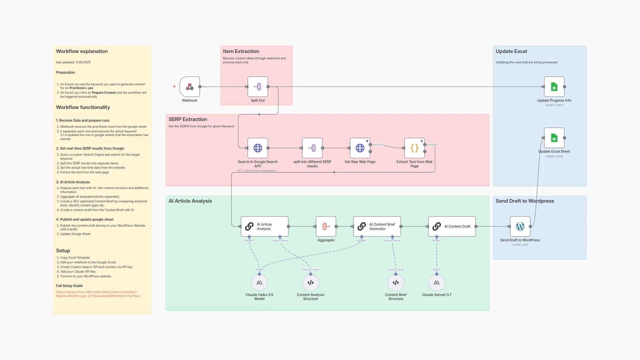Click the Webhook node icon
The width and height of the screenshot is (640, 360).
tap(189, 87)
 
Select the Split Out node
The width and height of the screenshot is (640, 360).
tap(258, 87)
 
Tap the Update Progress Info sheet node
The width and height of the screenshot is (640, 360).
tap(554, 87)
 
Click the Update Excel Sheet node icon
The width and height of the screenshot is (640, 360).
tap(554, 138)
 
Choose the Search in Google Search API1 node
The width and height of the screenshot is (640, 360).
tap(258, 148)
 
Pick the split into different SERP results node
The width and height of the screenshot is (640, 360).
tap(312, 148)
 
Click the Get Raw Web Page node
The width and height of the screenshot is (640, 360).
tap(360, 148)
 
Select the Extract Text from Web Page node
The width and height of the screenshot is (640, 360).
tap(414, 148)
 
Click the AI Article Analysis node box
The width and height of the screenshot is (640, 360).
tap(264, 226)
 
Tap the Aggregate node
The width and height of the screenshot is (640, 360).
tap(326, 226)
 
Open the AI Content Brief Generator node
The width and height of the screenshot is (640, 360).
tap(377, 226)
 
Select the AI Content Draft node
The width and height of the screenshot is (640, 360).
tap(452, 226)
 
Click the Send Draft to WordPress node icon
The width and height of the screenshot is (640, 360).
tap(520, 226)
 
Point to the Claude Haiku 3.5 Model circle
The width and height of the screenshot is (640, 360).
tap(259, 283)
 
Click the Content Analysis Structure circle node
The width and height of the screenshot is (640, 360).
tap(310, 283)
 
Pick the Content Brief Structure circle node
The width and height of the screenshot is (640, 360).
tap(396, 283)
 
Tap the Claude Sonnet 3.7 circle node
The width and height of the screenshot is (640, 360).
tap(436, 283)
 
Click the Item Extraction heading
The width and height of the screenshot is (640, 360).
tap(241, 51)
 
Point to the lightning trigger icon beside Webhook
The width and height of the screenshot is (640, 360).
tap(174, 87)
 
